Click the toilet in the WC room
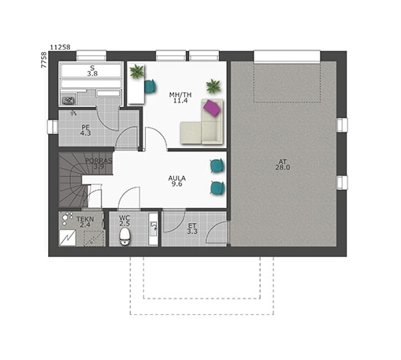[124, 236]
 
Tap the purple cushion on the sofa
[213, 108]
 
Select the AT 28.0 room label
[283, 165]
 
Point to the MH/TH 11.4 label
[180, 98]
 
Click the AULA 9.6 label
[177, 181]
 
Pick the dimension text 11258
[60, 47]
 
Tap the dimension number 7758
[44, 60]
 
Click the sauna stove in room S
[69, 100]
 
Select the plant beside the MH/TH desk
[137, 71]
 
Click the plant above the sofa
[213, 86]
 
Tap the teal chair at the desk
[150, 87]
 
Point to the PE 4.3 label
[86, 131]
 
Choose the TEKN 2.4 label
[85, 222]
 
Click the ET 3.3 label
[192, 228]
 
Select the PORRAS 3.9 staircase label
[98, 163]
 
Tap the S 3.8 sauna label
[92, 71]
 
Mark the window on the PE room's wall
[53, 127]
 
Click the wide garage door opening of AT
[287, 57]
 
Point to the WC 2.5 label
[124, 221]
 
